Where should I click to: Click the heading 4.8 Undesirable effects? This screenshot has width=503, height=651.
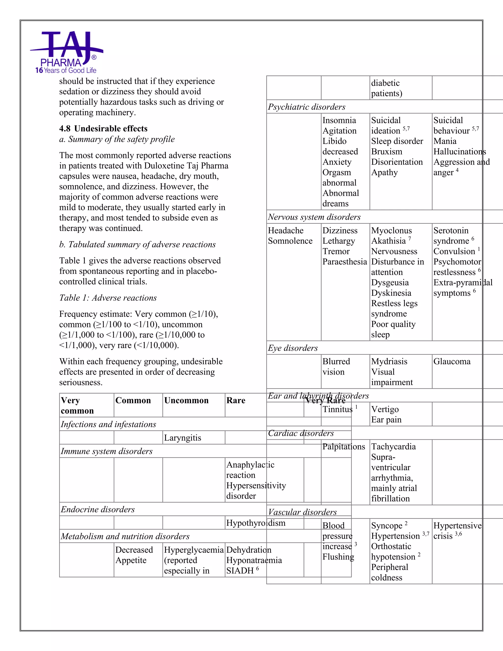point(103,128)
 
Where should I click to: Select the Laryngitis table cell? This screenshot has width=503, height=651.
point(182,438)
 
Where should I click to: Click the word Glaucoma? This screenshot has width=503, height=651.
point(452,361)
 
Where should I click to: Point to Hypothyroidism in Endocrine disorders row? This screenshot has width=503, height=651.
point(256,523)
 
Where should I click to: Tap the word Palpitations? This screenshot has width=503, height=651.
point(343,447)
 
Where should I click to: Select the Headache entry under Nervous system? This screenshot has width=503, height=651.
point(285,230)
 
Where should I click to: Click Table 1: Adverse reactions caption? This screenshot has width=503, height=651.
point(108,298)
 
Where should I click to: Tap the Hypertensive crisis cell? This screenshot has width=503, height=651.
point(457,531)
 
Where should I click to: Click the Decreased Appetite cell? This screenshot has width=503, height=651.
point(134,555)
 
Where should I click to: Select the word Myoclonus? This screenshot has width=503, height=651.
point(391,230)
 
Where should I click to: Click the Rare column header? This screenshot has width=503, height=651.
point(236,400)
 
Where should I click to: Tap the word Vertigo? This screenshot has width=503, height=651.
point(385,409)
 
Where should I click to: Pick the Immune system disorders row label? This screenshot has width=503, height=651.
point(106,451)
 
